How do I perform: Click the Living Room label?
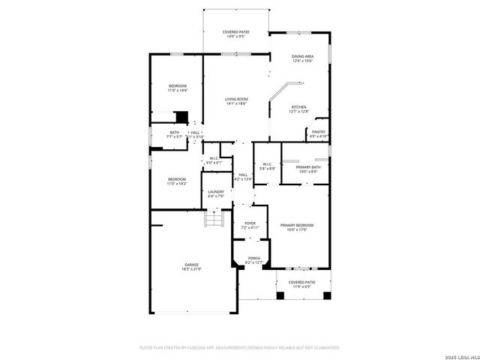[x=236, y=101]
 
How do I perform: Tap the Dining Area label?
[x=302, y=58]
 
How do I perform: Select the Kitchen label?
[x=298, y=109]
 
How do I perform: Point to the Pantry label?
[x=318, y=134]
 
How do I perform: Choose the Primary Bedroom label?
[x=296, y=227]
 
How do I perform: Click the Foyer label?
[x=250, y=224]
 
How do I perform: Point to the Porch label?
[x=254, y=260]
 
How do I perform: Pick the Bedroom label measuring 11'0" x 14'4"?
[x=177, y=88]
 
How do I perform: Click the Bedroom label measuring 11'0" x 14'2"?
[x=177, y=181]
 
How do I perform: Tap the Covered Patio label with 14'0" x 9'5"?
[x=235, y=34]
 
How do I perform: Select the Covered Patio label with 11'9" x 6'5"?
[x=302, y=284]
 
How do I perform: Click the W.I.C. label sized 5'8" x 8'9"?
[x=267, y=167]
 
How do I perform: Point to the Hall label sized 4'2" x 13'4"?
[x=243, y=178]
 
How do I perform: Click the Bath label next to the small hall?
[x=174, y=135]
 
